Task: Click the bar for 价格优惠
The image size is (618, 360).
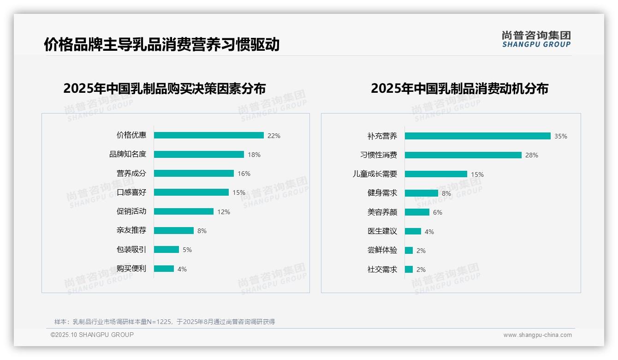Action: point(208,135)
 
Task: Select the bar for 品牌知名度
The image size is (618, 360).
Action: point(199,155)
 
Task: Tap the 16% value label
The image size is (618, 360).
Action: point(244,174)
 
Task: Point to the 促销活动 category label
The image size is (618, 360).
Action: point(131,211)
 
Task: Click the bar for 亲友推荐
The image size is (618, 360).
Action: point(173,230)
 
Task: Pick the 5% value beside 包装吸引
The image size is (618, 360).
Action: point(187,250)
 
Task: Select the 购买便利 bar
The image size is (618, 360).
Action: point(164,269)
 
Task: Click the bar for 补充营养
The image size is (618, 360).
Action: point(477,136)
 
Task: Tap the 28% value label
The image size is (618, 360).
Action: point(531,155)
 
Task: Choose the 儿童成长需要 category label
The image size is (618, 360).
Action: point(374,174)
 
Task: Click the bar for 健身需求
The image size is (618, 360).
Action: point(421,193)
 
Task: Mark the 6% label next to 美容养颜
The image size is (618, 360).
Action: point(437,212)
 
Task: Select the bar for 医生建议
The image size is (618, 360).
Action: point(413,231)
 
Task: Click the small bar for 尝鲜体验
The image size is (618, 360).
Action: point(409,251)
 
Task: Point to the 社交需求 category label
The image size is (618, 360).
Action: point(382,270)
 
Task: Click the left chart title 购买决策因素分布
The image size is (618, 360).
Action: point(164,88)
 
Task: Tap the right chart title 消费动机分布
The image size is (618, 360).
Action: point(459,88)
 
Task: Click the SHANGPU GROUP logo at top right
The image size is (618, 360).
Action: point(536,39)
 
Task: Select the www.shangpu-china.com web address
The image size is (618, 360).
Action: point(537,335)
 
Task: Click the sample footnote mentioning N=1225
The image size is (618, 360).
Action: point(164,322)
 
